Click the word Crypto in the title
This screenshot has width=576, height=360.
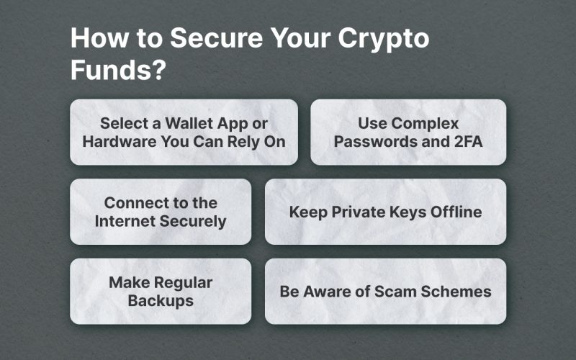pyautogui.click(x=384, y=39)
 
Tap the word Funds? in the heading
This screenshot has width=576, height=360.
pyautogui.click(x=118, y=69)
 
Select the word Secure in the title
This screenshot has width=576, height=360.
pyautogui.click(x=217, y=37)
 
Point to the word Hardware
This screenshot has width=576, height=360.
pyautogui.click(x=120, y=141)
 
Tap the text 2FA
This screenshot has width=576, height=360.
pyautogui.click(x=469, y=141)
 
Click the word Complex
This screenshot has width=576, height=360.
pyautogui.click(x=425, y=124)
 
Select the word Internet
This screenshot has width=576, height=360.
pyautogui.click(x=125, y=221)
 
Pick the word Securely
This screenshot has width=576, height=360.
pyautogui.click(x=193, y=222)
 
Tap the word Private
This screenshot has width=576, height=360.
pyautogui.click(x=358, y=212)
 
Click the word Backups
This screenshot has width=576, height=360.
pyautogui.click(x=161, y=301)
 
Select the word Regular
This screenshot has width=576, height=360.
pyautogui.click(x=184, y=283)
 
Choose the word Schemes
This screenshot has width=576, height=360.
pyautogui.click(x=456, y=292)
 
